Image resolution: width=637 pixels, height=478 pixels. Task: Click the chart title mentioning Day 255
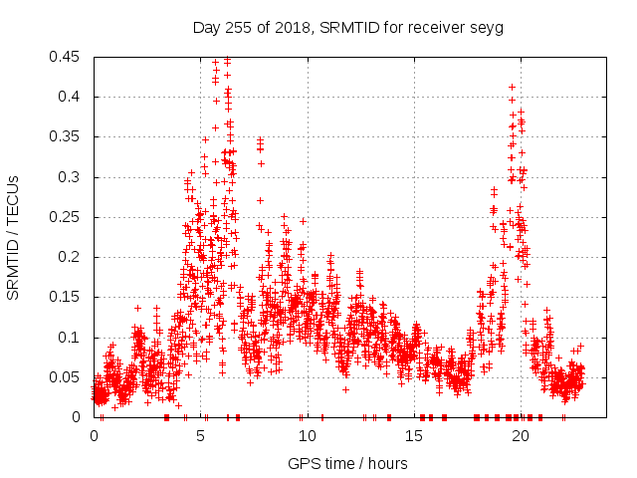(x=347, y=27)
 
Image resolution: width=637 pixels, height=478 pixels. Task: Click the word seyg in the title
(x=486, y=27)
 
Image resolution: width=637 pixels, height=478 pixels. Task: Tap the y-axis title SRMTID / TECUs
(x=13, y=237)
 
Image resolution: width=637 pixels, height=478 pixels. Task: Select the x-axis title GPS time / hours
(x=347, y=463)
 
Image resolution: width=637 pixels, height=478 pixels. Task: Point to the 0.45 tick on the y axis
(x=66, y=57)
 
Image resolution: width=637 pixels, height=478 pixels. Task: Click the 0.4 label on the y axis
(x=73, y=97)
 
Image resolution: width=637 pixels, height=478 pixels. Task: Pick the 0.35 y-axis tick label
(x=66, y=136)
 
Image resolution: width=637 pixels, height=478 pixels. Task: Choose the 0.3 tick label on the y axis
(x=73, y=177)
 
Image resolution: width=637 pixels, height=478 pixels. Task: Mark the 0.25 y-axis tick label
(x=66, y=217)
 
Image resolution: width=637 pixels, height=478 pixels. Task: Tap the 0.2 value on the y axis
(x=73, y=257)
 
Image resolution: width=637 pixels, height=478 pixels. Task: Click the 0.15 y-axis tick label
(x=66, y=297)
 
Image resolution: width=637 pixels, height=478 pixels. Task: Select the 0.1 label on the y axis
(x=73, y=338)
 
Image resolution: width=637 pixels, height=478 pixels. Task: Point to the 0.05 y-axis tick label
(x=66, y=377)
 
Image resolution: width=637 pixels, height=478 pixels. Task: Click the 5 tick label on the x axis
(x=201, y=436)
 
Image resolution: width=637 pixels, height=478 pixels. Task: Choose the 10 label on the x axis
(x=307, y=436)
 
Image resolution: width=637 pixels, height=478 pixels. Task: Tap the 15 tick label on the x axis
(x=413, y=436)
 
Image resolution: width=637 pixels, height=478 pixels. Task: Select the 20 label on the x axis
(x=520, y=436)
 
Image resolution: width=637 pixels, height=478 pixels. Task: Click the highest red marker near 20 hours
(x=513, y=88)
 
